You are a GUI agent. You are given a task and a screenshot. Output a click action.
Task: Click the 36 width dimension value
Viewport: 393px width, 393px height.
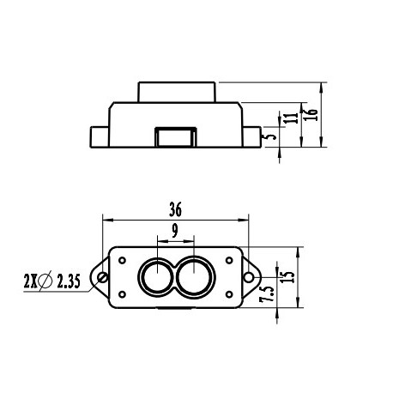(176, 209)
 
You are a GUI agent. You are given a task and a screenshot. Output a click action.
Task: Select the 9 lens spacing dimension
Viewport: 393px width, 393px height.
(175, 230)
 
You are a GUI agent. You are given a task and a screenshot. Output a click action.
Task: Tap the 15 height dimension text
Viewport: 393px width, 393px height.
(287, 277)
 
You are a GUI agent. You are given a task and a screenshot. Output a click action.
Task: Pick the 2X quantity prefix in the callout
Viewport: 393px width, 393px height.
(30, 281)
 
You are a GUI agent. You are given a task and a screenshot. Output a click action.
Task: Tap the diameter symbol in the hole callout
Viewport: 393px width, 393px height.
(46, 281)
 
